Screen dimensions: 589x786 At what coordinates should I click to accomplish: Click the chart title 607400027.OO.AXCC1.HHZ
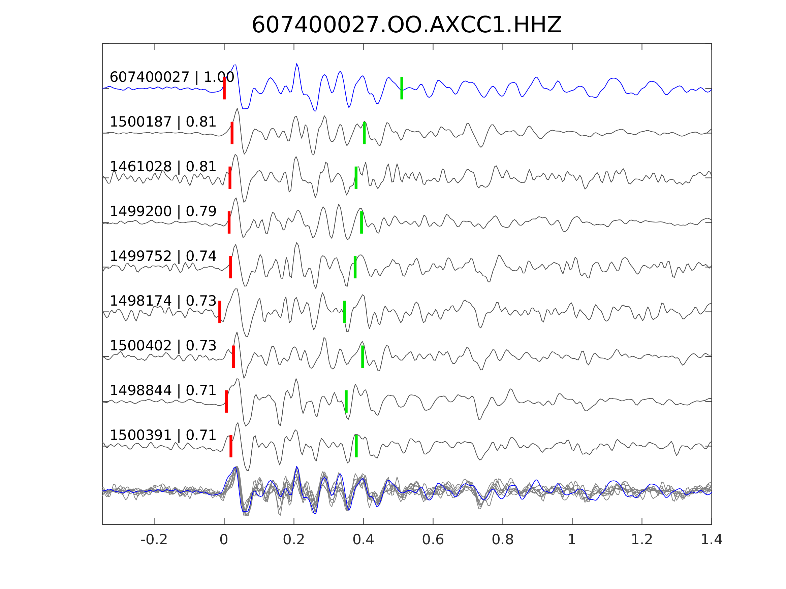[x=406, y=25]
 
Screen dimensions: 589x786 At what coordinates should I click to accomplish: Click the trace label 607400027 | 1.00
[x=171, y=77]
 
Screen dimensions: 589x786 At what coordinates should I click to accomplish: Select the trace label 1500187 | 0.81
[x=163, y=122]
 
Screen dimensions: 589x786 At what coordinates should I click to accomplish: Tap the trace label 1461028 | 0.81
[x=163, y=167]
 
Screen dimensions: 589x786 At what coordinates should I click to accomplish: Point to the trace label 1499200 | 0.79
[x=163, y=211]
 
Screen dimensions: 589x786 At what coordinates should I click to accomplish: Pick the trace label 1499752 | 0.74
[x=163, y=256]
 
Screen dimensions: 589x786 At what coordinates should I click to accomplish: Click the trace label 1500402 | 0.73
[x=163, y=345]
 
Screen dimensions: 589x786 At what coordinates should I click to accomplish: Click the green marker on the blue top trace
[x=402, y=88]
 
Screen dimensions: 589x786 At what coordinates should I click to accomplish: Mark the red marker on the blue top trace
[x=224, y=88]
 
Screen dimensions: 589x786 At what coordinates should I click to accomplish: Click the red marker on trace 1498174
[x=220, y=312]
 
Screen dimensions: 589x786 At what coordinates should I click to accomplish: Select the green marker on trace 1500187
[x=364, y=133]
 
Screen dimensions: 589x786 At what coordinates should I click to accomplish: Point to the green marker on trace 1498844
[x=346, y=401]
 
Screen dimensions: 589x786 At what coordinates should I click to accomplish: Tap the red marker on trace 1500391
[x=231, y=446]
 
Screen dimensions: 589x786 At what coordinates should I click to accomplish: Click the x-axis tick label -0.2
[x=154, y=540]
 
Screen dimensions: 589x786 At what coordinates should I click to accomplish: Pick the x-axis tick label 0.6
[x=433, y=540]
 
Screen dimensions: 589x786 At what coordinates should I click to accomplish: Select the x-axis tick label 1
[x=572, y=540]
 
